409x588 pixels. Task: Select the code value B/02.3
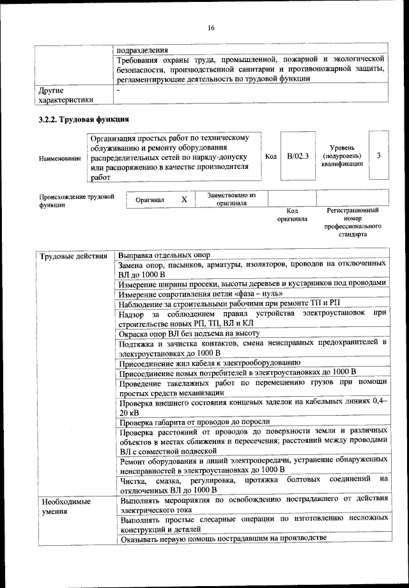coord(298,155)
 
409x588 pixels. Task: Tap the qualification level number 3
coord(378,155)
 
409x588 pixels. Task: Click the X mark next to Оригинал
coord(184,200)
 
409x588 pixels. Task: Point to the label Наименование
coord(60,157)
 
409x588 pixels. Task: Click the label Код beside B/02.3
coord(271,156)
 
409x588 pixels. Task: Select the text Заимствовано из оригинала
coord(231,199)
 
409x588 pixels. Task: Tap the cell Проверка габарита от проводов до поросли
coord(194,422)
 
